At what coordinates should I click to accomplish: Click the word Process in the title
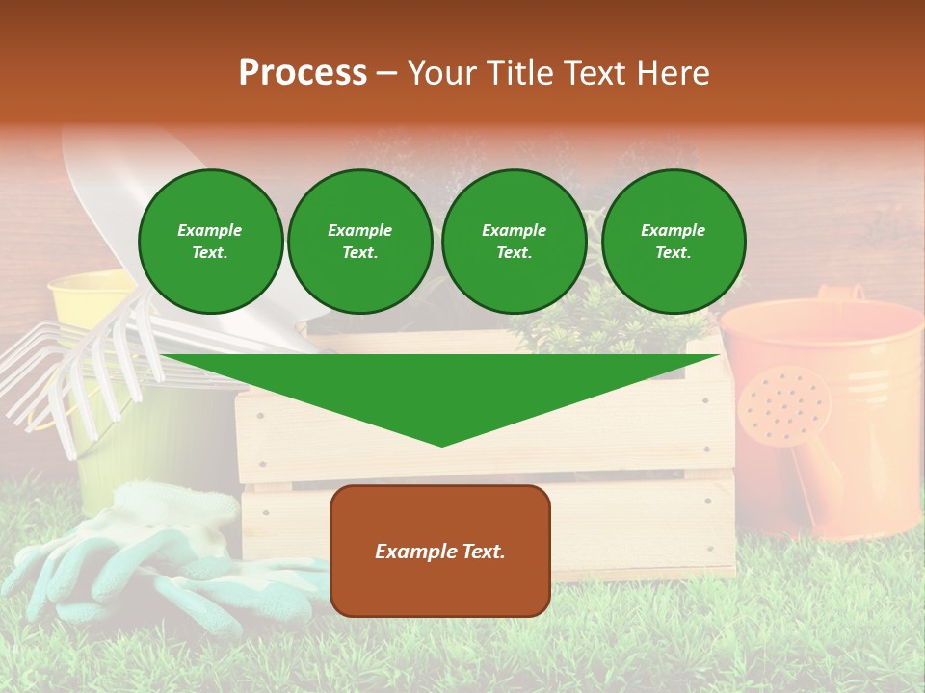coord(303,72)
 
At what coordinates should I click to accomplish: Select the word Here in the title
coord(672,72)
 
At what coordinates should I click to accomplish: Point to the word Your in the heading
coord(441,72)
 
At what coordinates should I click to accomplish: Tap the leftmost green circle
coord(210,242)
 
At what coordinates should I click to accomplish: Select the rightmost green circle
coord(674,242)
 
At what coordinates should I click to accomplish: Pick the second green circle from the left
coord(359,242)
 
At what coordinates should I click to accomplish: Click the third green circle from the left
coord(514,242)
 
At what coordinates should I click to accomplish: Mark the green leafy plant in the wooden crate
coord(617,318)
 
